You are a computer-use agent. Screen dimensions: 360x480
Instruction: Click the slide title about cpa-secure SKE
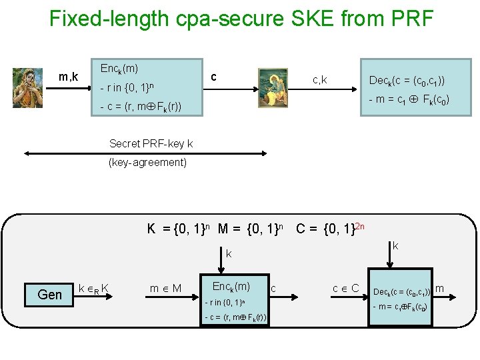click(x=241, y=18)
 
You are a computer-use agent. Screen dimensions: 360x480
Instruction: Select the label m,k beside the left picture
click(x=68, y=77)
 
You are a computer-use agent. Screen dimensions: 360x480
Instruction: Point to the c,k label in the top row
click(x=319, y=81)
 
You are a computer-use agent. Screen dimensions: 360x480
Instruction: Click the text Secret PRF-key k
click(x=151, y=143)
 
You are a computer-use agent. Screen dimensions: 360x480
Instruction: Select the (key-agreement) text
click(x=148, y=162)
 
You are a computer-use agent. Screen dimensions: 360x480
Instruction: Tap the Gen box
click(x=50, y=294)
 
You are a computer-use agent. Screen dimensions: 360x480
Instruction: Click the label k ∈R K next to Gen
click(x=94, y=289)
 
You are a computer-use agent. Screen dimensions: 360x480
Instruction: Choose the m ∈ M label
click(x=165, y=289)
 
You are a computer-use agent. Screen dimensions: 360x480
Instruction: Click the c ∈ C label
click(x=347, y=288)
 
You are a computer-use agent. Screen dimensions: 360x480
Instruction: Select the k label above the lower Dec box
click(x=395, y=246)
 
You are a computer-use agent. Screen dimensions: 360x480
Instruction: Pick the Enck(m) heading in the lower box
click(x=231, y=286)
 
